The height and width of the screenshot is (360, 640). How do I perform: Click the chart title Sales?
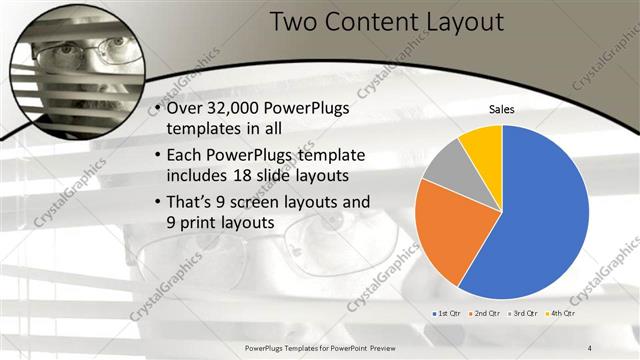(501, 110)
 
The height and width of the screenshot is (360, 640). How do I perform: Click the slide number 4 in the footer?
(589, 345)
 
